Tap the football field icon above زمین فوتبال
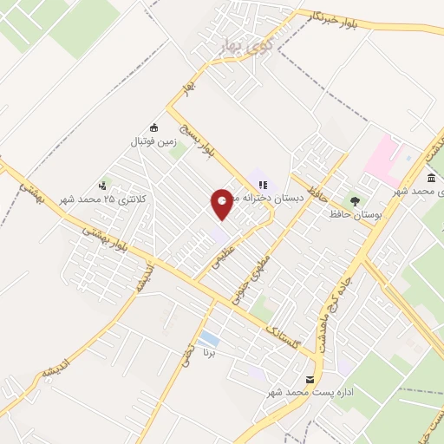click(154, 128)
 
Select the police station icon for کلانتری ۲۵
click(103, 185)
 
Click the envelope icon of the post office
click(310, 380)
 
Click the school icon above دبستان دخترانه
click(262, 184)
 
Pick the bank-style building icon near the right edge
click(431, 178)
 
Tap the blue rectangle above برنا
click(208, 337)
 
